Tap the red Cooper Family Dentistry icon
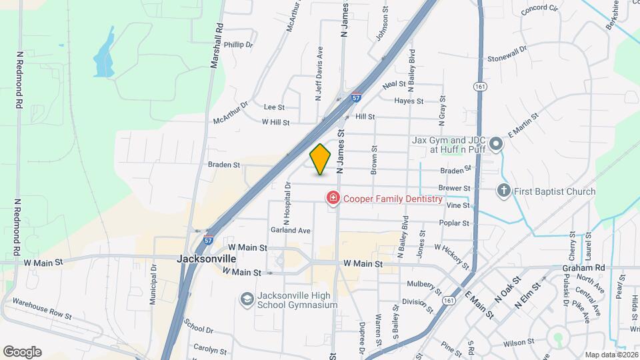[x=332, y=199]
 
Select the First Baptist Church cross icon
[x=503, y=192]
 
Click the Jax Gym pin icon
[x=495, y=144]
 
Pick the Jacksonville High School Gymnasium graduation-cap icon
[x=247, y=299]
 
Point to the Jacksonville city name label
[x=207, y=258]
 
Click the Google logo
[x=22, y=351]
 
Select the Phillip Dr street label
[x=239, y=45]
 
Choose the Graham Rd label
[x=583, y=268]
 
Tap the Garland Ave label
[x=291, y=231]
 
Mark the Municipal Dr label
[x=153, y=283]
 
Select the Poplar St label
[x=455, y=223]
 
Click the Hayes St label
[x=409, y=101]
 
